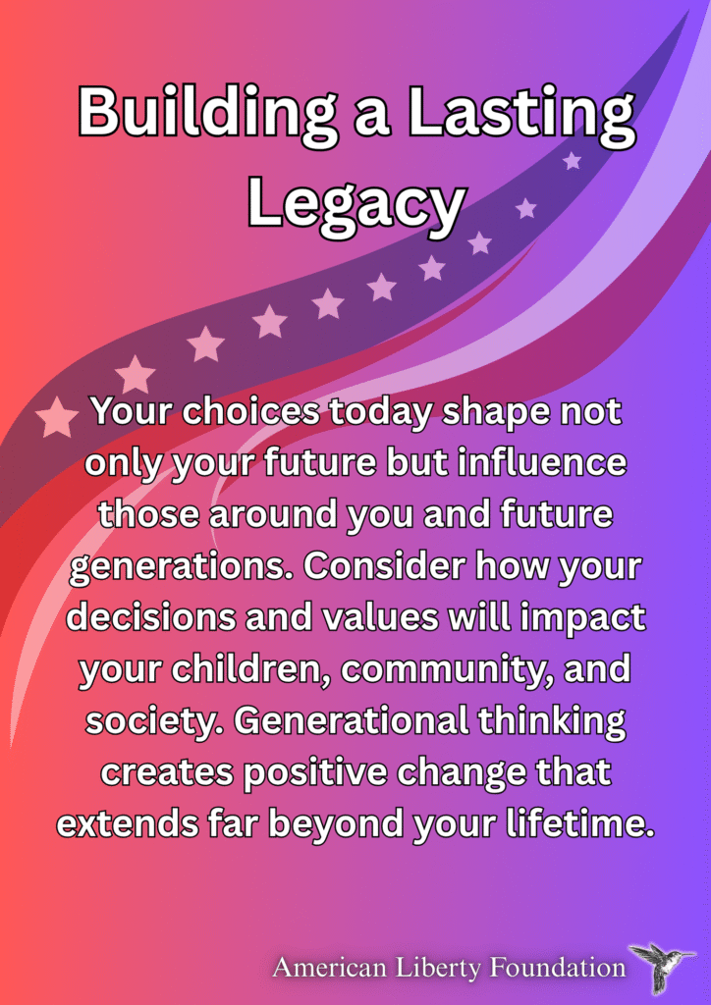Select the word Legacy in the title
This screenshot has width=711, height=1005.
(355, 204)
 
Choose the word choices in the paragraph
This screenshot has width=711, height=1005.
(250, 411)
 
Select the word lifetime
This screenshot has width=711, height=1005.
(580, 823)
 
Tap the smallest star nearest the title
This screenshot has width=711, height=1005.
(572, 160)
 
